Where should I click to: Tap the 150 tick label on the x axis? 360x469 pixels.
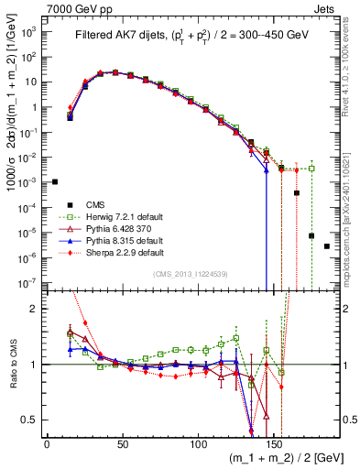275,445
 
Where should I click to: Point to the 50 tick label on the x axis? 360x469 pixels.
123,445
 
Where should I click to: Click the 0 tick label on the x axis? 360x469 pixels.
47,445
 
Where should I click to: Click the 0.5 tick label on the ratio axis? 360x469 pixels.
29,420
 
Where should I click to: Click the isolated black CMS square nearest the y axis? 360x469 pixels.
55,181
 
